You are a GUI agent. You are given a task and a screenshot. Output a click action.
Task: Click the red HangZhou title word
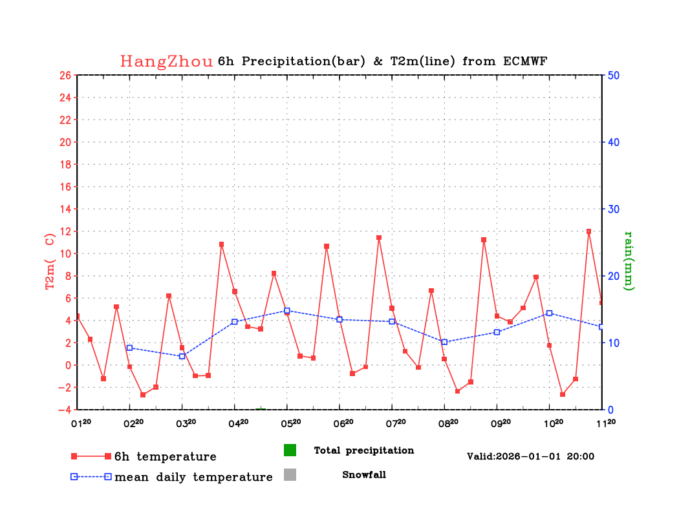(166, 61)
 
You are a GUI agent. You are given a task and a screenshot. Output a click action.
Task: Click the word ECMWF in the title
(524, 61)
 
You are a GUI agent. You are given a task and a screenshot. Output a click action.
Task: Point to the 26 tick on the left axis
(65, 75)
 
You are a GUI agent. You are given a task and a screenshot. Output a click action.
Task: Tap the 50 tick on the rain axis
(614, 75)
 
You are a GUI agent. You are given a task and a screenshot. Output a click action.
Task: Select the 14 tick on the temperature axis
(65, 209)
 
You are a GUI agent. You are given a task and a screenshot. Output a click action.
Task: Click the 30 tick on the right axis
(614, 209)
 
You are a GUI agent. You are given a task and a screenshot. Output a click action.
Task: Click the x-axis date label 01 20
(81, 423)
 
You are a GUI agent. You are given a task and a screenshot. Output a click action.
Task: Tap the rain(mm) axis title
(627, 260)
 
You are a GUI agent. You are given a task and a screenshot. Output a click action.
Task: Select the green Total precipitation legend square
(290, 450)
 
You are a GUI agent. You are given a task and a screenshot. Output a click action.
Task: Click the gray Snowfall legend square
(290, 475)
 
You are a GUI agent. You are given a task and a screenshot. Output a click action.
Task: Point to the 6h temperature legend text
(165, 457)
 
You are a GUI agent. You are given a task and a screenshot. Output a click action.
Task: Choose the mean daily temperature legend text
(193, 478)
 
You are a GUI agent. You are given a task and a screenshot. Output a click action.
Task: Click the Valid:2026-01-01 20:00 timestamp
(530, 456)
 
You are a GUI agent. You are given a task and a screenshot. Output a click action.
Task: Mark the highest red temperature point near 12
(588, 231)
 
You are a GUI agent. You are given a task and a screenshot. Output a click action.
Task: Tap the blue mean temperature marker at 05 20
(287, 311)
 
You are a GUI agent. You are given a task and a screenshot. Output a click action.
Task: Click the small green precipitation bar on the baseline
(261, 408)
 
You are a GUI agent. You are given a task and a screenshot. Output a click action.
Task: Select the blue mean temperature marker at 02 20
(129, 348)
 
